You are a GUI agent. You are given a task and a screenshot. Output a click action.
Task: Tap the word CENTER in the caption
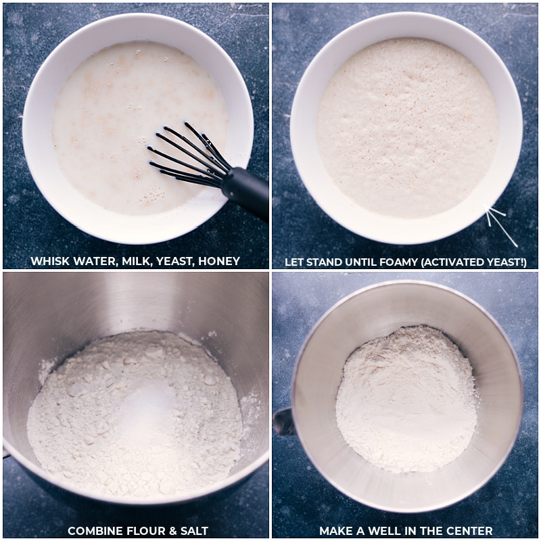(x=464, y=531)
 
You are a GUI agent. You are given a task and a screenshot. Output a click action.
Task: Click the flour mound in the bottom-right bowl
(x=406, y=399)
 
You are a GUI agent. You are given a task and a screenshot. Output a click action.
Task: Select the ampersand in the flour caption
(x=168, y=531)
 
